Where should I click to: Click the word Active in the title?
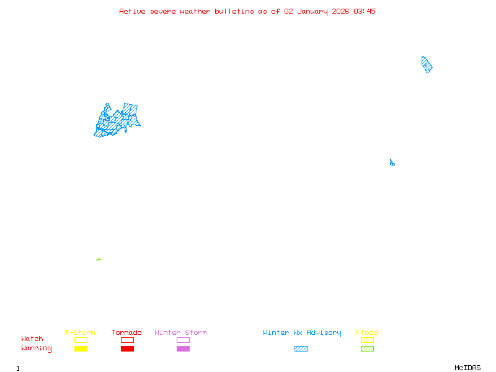[133, 11]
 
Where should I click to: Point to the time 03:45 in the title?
[365, 11]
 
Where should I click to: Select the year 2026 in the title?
[340, 11]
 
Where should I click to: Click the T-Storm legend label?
[80, 333]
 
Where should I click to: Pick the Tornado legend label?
[126, 333]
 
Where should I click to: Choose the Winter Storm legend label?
[180, 333]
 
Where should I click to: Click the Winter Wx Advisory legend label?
[302, 333]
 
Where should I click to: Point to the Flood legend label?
[367, 333]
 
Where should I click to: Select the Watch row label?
[32, 339]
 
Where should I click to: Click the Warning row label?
[37, 348]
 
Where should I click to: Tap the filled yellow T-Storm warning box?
[81, 348]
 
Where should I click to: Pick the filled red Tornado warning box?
[127, 348]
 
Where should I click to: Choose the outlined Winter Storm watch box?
[183, 340]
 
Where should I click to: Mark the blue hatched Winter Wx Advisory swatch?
[301, 348]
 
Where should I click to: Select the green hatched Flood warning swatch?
[367, 348]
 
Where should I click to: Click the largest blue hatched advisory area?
[117, 120]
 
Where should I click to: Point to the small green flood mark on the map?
[99, 259]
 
